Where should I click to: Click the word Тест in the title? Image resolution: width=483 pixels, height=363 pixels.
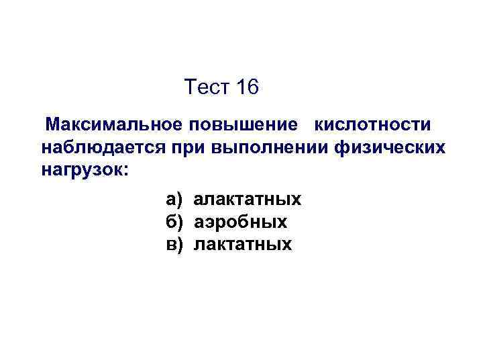(x=206, y=87)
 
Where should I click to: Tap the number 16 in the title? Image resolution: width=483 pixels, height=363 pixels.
(x=246, y=87)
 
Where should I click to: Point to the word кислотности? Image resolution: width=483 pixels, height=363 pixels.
(x=372, y=125)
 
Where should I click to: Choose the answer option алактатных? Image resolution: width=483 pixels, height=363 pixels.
(x=247, y=200)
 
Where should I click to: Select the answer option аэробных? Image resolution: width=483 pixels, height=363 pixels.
(x=240, y=222)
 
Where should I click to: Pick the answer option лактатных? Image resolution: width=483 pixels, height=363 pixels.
(x=243, y=243)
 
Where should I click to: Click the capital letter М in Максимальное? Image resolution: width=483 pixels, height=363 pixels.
(x=52, y=125)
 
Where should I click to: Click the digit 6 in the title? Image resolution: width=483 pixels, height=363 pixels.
(x=252, y=87)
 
